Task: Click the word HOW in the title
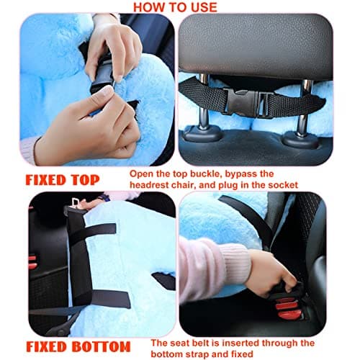(150, 6)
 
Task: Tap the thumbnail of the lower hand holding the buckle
(106, 92)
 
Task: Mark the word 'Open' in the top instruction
(143, 174)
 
